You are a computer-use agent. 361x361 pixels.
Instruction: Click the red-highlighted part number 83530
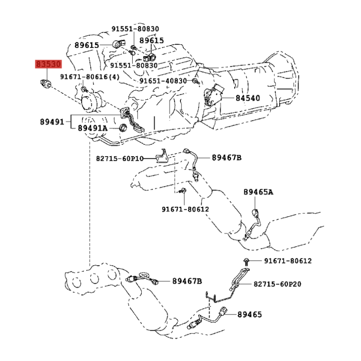[x=48, y=64]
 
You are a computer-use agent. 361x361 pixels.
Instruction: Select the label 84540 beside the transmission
[x=248, y=98]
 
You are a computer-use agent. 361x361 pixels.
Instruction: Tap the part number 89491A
[x=93, y=128]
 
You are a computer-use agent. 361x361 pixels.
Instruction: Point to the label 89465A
[x=258, y=192]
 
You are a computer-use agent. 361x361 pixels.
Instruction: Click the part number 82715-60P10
[x=120, y=159]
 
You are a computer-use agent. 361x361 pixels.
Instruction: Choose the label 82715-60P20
[x=278, y=284]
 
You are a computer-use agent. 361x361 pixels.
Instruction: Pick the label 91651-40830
[x=163, y=81]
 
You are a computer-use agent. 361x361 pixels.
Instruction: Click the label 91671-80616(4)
[x=90, y=77]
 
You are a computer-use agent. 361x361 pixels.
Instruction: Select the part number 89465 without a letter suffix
[x=250, y=315]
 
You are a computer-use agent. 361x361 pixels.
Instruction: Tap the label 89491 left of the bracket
[x=52, y=122]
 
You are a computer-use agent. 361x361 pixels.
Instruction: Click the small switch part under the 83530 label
[x=46, y=83]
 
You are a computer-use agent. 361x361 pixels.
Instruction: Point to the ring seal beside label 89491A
[x=123, y=128]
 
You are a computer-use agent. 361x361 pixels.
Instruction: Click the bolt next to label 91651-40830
[x=196, y=81]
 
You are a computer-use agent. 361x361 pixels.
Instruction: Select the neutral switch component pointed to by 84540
[x=213, y=95]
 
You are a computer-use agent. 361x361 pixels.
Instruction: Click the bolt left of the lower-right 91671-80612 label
[x=246, y=262]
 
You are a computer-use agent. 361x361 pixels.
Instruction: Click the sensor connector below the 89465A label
[x=255, y=213]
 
